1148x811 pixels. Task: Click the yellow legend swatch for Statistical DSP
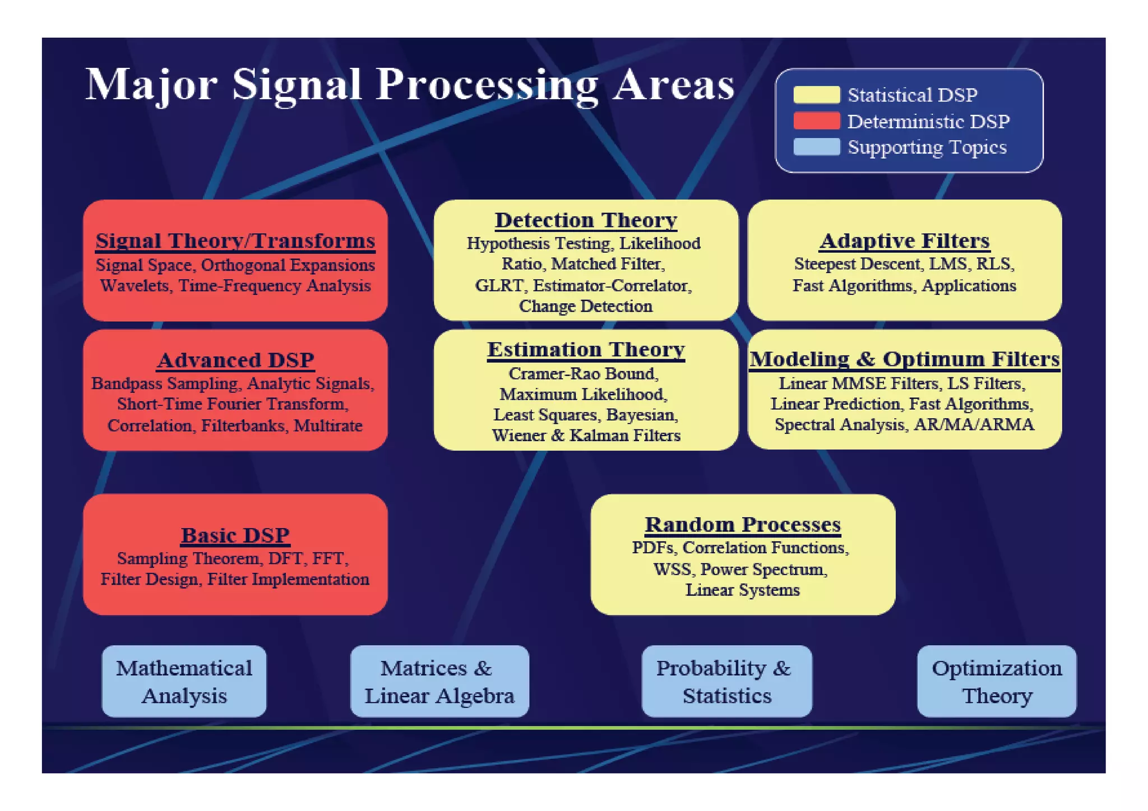(x=816, y=95)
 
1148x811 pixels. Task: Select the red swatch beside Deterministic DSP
(x=816, y=121)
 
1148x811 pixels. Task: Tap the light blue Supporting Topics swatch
(x=816, y=147)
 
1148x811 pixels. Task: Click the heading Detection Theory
(x=585, y=220)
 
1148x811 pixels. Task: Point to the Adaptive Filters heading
(x=904, y=240)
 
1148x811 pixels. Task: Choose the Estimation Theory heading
(x=585, y=350)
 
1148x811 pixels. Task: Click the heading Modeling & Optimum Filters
(x=904, y=359)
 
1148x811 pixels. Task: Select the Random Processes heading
(x=742, y=525)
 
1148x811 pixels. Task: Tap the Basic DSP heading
(x=235, y=535)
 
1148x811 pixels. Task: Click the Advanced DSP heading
(x=235, y=360)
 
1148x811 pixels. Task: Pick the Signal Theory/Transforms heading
(x=235, y=240)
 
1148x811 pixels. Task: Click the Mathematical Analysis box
(x=184, y=681)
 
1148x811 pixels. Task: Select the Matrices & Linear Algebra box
(x=439, y=681)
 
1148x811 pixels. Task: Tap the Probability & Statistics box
(x=726, y=681)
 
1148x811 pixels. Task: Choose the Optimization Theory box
(x=996, y=681)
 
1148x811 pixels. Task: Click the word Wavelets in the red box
(x=135, y=286)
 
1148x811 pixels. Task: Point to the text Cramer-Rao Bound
(x=583, y=374)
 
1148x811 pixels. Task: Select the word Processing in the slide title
(x=487, y=85)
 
